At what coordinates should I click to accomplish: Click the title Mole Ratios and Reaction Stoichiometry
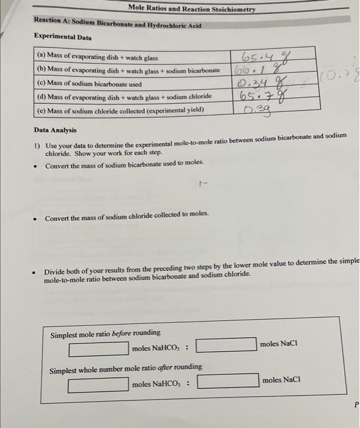point(192,9)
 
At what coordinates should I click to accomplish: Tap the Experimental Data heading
point(63,37)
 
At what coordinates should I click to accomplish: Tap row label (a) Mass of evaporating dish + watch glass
point(97,58)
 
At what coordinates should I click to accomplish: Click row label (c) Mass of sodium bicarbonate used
point(89,84)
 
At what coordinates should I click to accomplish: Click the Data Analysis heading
point(56,130)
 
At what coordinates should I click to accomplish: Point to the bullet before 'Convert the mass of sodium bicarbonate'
point(38,164)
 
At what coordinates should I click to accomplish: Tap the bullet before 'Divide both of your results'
point(38,267)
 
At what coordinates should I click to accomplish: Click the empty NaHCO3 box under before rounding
point(98,349)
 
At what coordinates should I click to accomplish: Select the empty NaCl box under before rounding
point(226,345)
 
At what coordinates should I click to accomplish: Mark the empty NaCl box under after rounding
point(227,381)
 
